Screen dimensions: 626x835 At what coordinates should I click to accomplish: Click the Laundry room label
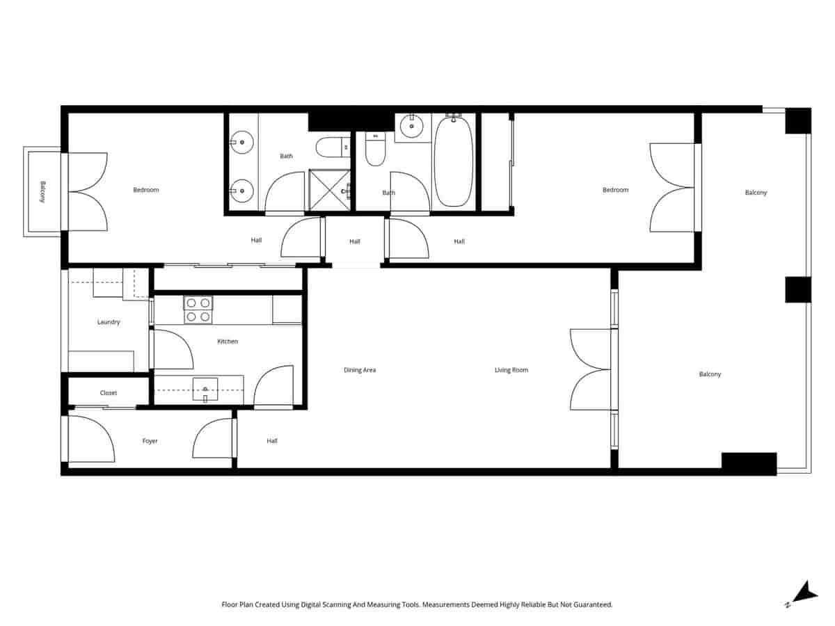(109, 322)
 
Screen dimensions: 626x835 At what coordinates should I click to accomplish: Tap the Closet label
(109, 393)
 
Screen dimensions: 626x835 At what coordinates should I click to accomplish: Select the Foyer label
(150, 441)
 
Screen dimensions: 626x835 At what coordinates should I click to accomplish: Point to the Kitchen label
(228, 342)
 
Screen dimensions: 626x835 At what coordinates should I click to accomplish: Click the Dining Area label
(360, 370)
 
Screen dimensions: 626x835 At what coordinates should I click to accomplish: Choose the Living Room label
(511, 370)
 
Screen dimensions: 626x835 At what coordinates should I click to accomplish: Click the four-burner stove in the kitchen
(198, 310)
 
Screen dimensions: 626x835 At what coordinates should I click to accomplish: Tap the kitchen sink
(205, 389)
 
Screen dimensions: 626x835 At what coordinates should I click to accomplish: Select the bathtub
(454, 161)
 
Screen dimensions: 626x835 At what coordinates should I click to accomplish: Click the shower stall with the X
(329, 189)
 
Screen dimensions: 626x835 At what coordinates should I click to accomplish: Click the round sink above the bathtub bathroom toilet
(411, 126)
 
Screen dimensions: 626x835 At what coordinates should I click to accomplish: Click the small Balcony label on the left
(42, 191)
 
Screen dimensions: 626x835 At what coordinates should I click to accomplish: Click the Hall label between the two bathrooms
(355, 242)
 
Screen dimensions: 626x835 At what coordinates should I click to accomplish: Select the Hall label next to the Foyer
(272, 441)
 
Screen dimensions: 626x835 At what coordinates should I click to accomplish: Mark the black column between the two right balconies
(798, 289)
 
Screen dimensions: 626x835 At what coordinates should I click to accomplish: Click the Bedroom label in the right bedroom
(615, 190)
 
